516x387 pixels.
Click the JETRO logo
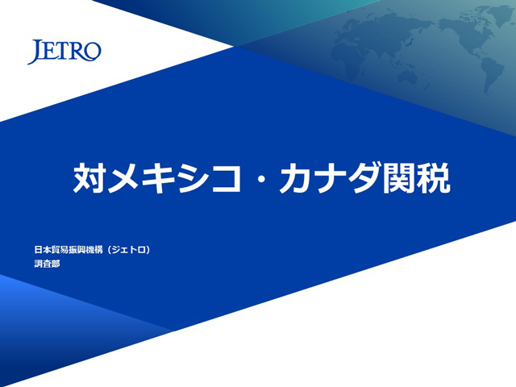coord(64,52)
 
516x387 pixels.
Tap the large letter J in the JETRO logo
coord(35,52)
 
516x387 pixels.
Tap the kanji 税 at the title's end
coord(434,177)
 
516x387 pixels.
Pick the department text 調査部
coord(47,264)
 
